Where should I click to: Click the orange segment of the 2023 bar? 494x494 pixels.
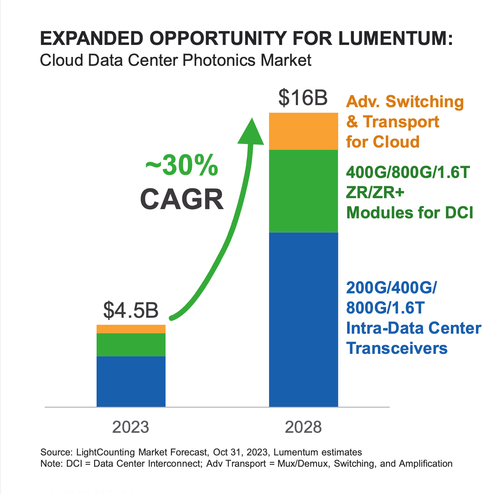(131, 329)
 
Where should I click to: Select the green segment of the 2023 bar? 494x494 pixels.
(131, 345)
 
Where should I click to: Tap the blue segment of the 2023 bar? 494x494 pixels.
(131, 381)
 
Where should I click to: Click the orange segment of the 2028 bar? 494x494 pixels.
(304, 131)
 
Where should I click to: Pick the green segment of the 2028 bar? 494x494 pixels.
(304, 191)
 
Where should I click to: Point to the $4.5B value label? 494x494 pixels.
(131, 310)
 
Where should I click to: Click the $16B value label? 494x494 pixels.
(303, 97)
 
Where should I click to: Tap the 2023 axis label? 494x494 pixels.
(131, 427)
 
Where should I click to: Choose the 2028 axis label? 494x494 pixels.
(303, 427)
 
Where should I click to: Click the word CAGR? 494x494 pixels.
(182, 200)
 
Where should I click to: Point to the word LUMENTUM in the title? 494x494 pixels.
(396, 38)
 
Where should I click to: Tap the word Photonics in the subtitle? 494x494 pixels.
(219, 60)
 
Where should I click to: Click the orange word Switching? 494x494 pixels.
(425, 102)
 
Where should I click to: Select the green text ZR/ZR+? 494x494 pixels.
(375, 193)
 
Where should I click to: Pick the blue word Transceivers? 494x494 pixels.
(397, 348)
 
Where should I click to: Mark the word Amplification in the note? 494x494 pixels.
(426, 464)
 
